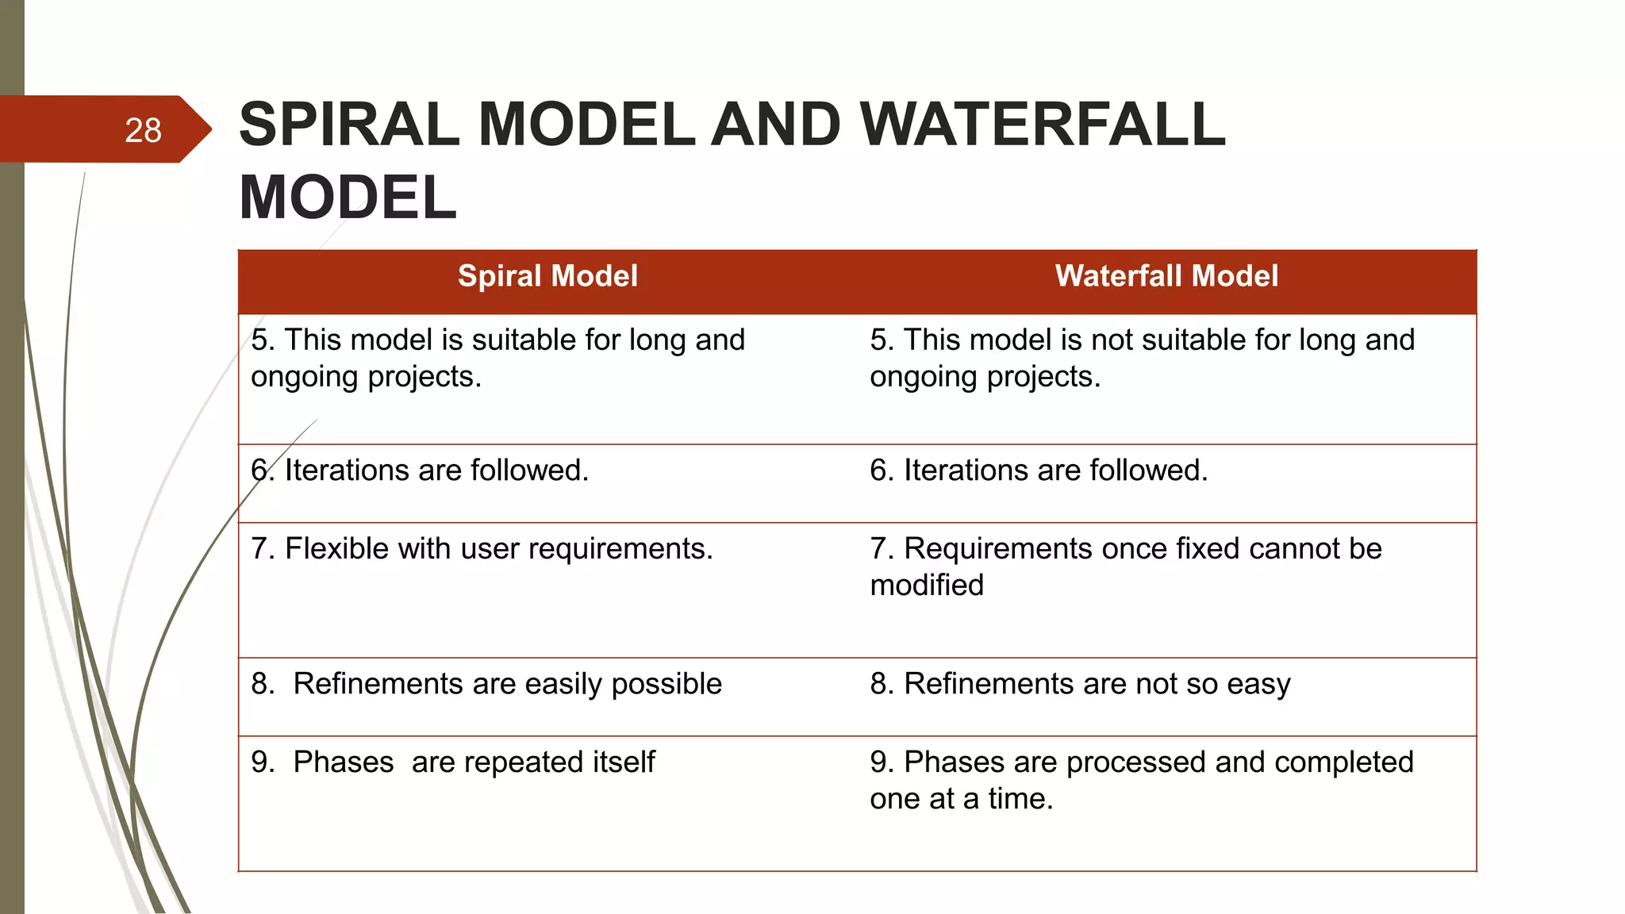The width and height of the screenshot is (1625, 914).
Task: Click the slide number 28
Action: (143, 130)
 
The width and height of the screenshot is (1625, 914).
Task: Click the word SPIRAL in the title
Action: (349, 125)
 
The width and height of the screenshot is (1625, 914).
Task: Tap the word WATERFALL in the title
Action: (1043, 125)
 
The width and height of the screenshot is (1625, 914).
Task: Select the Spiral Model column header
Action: (547, 276)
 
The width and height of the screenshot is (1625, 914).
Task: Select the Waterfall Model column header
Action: (1166, 276)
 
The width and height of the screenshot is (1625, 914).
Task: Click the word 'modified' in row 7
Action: (927, 586)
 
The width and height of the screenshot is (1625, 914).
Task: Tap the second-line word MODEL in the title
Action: (348, 198)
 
